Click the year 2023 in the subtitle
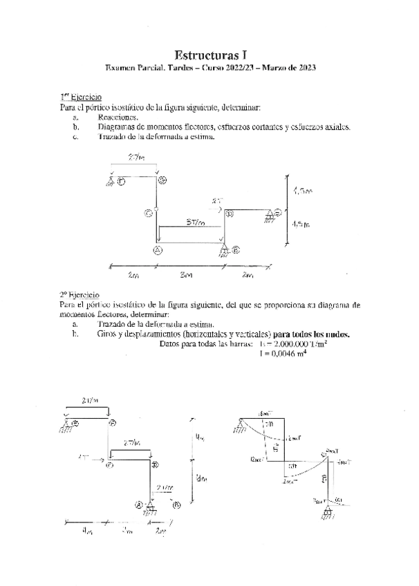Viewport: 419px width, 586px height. [x=302, y=68]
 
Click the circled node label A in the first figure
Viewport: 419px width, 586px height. [x=158, y=249]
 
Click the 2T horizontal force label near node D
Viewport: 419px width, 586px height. [x=217, y=201]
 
